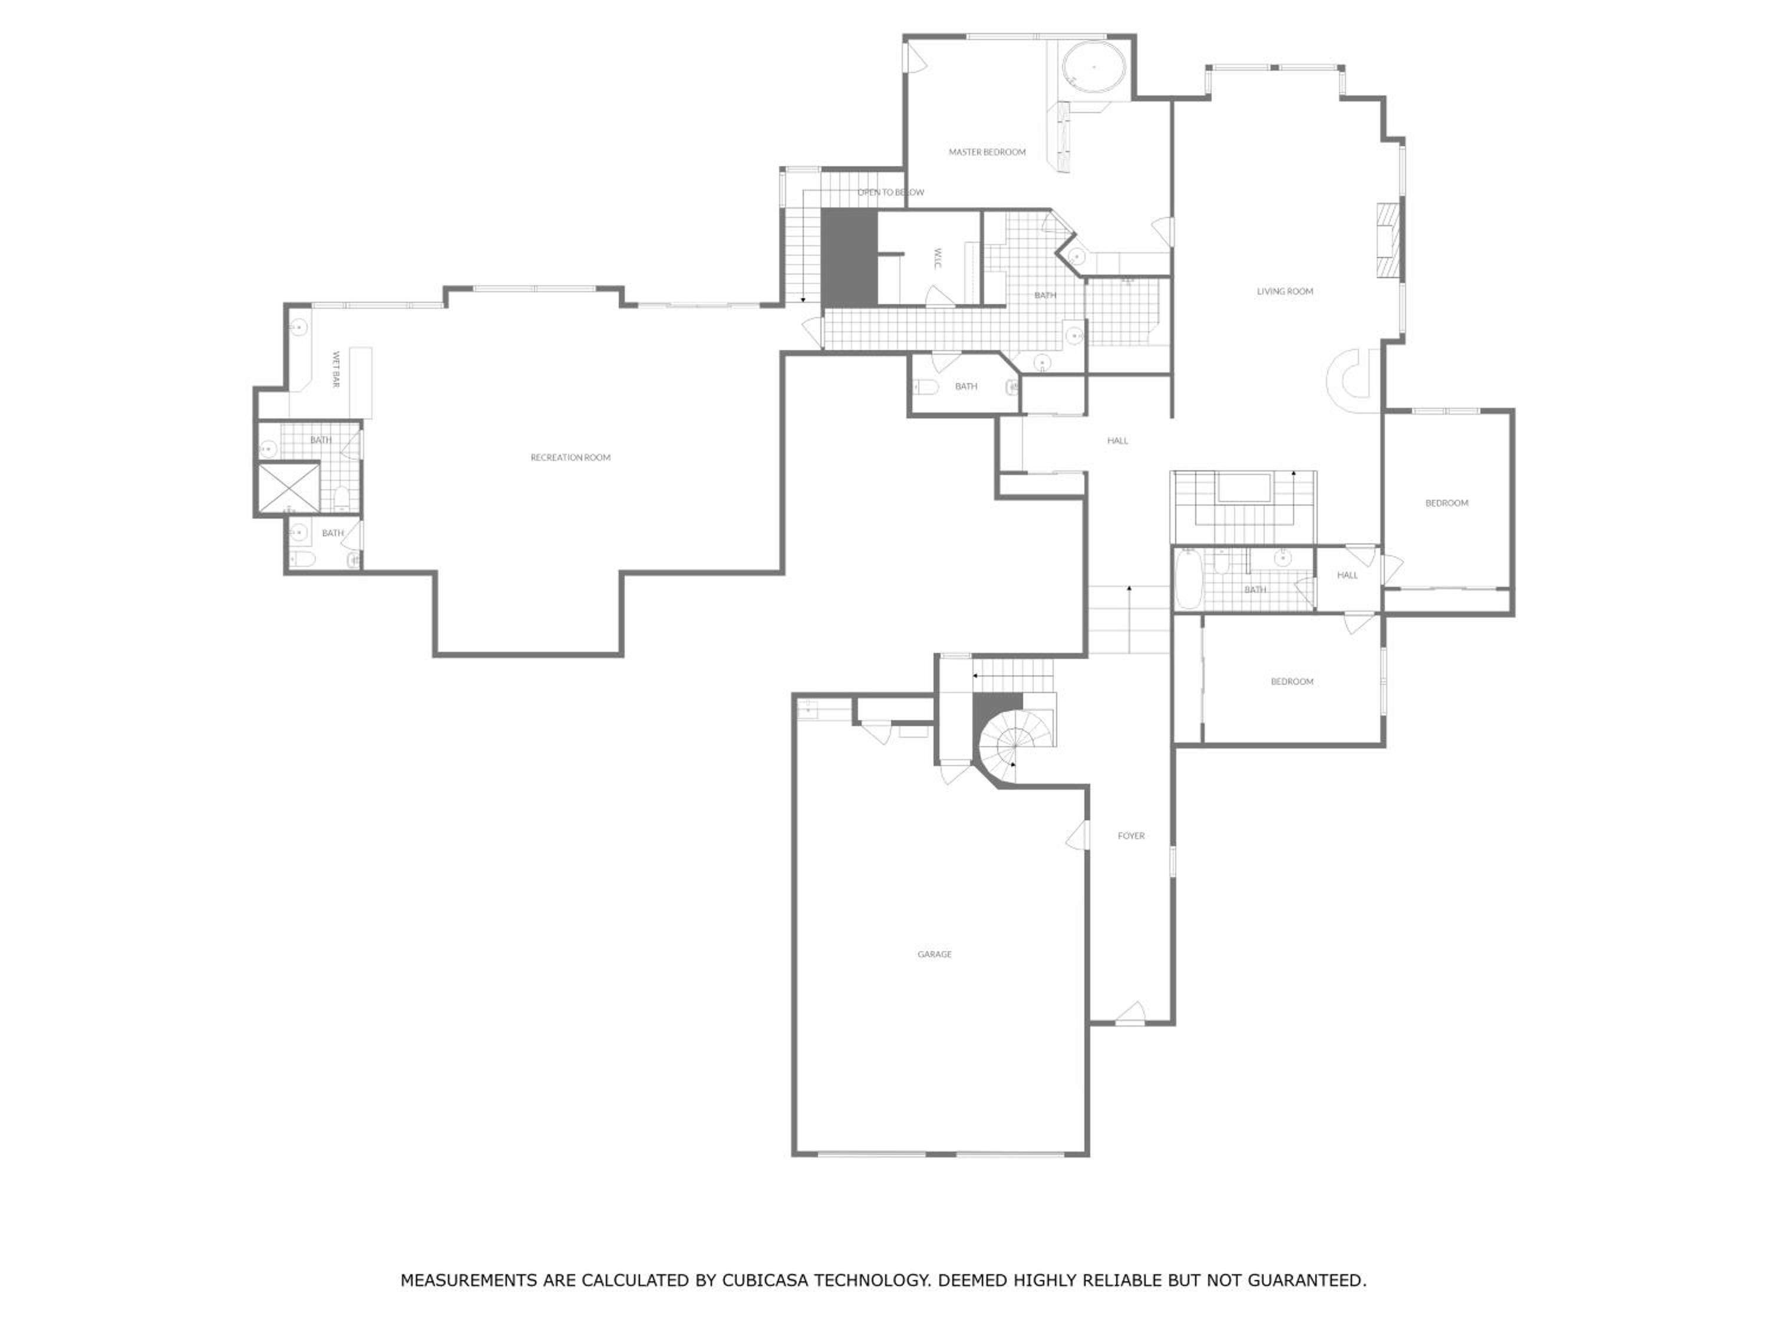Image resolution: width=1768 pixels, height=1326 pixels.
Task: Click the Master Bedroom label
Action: click(987, 152)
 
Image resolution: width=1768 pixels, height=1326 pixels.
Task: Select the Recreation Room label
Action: click(570, 458)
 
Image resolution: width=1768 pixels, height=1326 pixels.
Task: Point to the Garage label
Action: click(934, 954)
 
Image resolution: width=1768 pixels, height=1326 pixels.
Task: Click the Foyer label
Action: click(1131, 836)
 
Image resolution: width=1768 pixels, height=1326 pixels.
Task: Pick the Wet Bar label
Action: click(337, 370)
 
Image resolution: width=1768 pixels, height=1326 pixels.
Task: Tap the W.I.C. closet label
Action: click(938, 258)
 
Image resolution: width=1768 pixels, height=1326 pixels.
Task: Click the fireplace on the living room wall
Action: click(1389, 240)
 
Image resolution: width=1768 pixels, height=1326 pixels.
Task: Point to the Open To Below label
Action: click(891, 193)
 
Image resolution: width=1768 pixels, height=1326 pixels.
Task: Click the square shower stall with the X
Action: click(288, 487)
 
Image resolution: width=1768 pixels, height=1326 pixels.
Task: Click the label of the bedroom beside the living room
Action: click(1447, 503)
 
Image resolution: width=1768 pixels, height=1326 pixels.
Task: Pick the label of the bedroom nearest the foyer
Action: click(1292, 682)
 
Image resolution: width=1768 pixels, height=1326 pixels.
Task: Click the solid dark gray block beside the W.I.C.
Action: click(850, 258)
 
